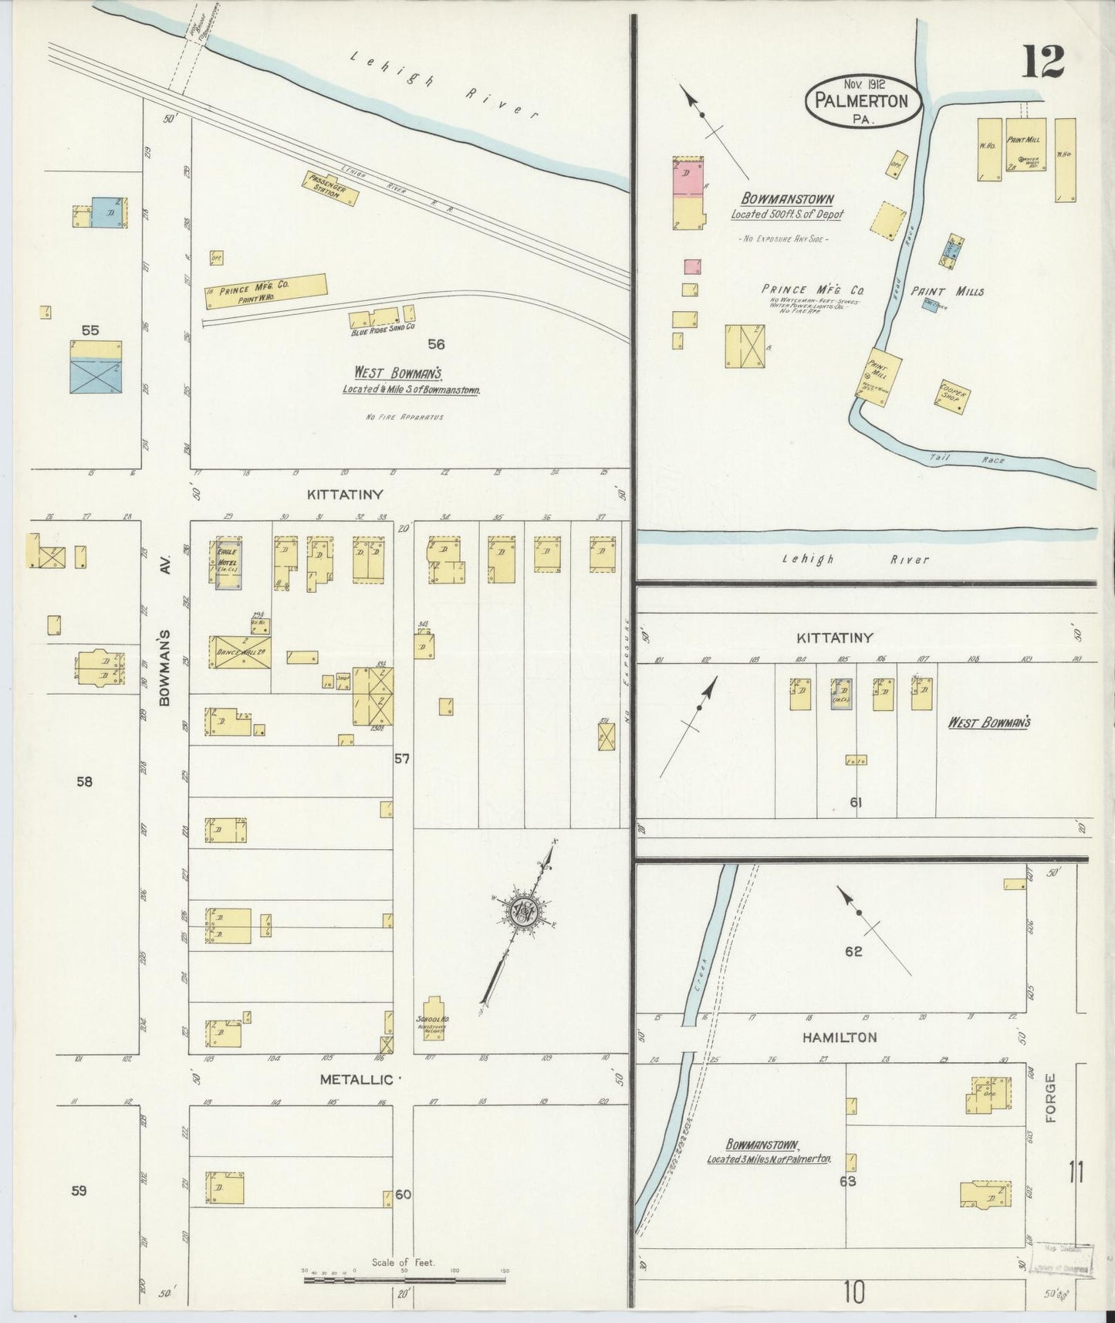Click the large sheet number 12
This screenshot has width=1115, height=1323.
1044,63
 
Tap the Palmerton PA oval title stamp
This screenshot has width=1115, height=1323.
863,101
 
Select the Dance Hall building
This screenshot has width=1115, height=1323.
242,651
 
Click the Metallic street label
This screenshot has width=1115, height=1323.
357,1080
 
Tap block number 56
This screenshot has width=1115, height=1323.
437,344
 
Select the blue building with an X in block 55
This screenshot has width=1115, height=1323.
96,376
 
